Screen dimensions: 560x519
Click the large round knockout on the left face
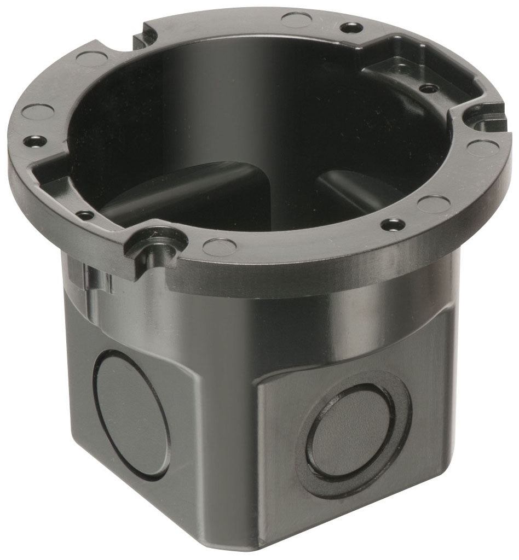131,412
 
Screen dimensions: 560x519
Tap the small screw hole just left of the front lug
85,215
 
